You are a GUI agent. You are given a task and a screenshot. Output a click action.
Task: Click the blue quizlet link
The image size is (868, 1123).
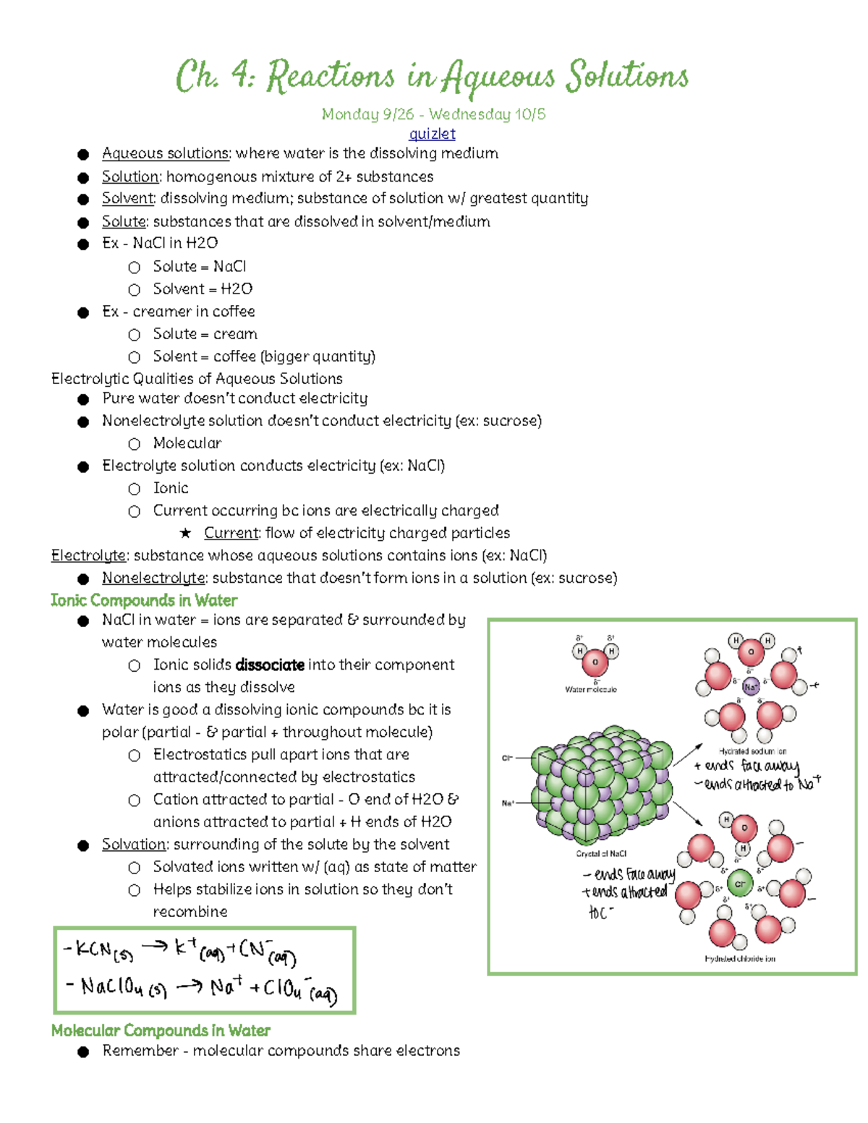click(x=432, y=134)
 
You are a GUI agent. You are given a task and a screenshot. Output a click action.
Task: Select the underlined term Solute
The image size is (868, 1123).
click(x=124, y=221)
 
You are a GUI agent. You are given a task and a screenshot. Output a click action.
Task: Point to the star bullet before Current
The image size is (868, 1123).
click(x=186, y=534)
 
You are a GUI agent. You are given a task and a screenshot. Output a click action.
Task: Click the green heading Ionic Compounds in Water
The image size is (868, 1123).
click(x=144, y=600)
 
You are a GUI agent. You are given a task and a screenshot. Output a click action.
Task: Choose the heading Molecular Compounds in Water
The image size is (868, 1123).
click(x=161, y=1030)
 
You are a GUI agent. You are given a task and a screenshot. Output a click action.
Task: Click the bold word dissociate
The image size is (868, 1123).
click(x=270, y=665)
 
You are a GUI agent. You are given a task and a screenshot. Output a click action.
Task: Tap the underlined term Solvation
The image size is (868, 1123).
click(x=134, y=845)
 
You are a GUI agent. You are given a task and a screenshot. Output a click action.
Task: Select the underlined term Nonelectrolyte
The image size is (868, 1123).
click(x=153, y=578)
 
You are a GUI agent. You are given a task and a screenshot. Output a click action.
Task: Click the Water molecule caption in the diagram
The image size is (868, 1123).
click(x=591, y=689)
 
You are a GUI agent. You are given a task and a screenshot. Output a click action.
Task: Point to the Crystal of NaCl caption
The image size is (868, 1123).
click(x=601, y=853)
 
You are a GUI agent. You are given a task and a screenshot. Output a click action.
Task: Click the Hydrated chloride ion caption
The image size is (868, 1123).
click(x=739, y=958)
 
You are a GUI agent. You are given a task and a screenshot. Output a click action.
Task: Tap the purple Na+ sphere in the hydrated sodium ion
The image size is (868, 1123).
click(x=751, y=687)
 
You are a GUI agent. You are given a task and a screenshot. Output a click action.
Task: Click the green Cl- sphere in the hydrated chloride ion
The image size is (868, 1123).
click(x=739, y=884)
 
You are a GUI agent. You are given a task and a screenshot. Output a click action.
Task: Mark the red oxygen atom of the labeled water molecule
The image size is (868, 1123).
click(x=595, y=662)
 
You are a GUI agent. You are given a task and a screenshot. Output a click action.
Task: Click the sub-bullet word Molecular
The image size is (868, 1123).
click(x=187, y=443)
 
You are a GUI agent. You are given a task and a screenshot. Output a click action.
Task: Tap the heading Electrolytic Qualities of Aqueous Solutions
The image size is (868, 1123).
click(x=197, y=378)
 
